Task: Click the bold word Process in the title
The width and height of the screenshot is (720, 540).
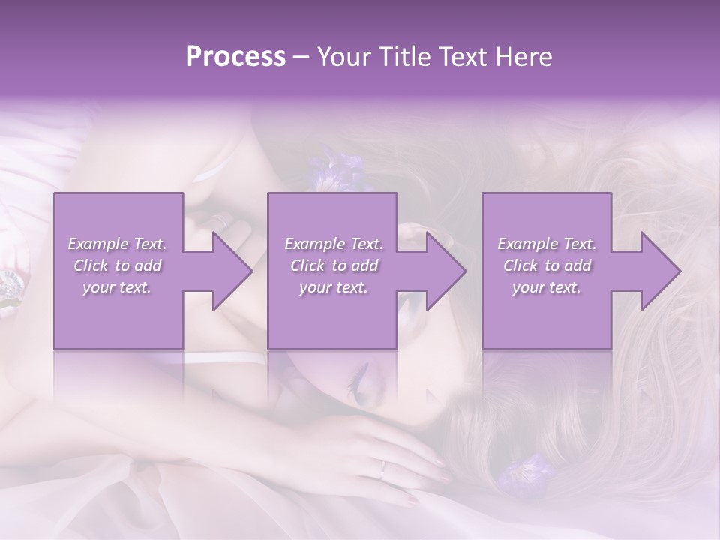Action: point(235,57)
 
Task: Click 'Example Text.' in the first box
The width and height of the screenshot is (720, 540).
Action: point(117,244)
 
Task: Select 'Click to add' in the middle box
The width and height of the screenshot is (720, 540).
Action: point(334,265)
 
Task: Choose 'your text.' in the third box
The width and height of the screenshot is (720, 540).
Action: point(546,287)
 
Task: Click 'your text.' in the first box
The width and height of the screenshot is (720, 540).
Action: point(117,287)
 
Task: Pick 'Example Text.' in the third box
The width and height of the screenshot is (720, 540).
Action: point(546,244)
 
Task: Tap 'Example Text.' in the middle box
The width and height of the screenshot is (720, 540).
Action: point(334,244)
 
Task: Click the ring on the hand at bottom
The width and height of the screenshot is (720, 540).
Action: point(383,469)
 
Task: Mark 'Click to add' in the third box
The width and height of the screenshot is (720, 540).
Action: point(546,265)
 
